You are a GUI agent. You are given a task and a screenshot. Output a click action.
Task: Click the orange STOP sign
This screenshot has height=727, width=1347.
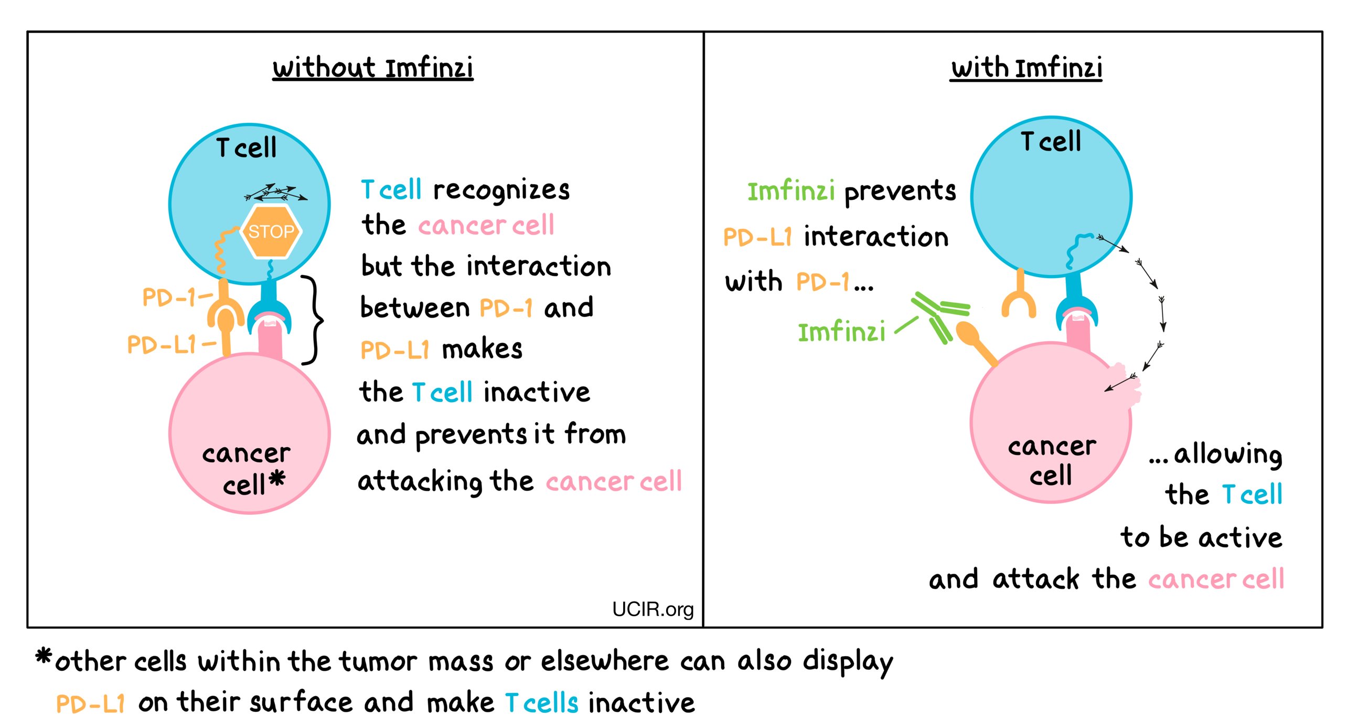271,231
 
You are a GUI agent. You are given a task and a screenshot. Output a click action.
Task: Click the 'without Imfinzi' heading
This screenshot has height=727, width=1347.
372,69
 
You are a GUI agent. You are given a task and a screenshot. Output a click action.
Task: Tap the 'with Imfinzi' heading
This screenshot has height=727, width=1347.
1026,69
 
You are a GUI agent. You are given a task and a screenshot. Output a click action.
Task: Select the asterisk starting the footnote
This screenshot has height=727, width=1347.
44,656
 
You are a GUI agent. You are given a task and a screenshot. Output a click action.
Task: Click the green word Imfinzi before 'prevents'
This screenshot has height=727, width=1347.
790,191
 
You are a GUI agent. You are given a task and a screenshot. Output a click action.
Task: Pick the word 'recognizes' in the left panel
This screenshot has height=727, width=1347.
501,190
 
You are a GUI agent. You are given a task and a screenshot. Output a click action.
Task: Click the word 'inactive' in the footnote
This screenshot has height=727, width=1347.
642,703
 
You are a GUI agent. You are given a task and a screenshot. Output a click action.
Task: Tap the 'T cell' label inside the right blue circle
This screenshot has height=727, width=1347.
1051,141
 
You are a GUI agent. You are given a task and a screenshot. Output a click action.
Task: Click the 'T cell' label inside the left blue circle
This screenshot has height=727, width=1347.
246,147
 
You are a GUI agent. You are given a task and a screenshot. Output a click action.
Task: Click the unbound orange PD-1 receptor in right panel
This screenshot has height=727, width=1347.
1019,299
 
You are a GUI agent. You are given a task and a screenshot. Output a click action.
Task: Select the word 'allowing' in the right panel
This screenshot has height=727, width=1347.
1227,454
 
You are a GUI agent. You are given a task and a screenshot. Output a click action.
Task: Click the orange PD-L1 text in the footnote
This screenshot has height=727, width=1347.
90,703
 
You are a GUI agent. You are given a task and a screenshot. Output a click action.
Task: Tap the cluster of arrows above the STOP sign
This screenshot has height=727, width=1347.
276,193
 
